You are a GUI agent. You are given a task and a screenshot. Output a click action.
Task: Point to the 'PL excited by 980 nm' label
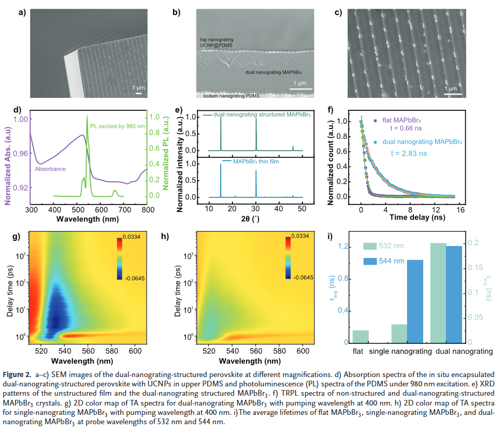click(x=115, y=126)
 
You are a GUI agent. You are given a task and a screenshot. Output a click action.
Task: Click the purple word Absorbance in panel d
click(x=51, y=169)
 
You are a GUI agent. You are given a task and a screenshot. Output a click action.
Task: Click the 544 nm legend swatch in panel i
click(x=376, y=262)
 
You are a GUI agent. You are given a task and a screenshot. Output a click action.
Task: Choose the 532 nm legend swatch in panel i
click(x=376, y=247)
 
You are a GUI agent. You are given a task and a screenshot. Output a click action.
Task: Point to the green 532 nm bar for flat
click(x=361, y=336)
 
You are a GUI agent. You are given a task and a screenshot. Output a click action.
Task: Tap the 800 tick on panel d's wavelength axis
click(x=148, y=210)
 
